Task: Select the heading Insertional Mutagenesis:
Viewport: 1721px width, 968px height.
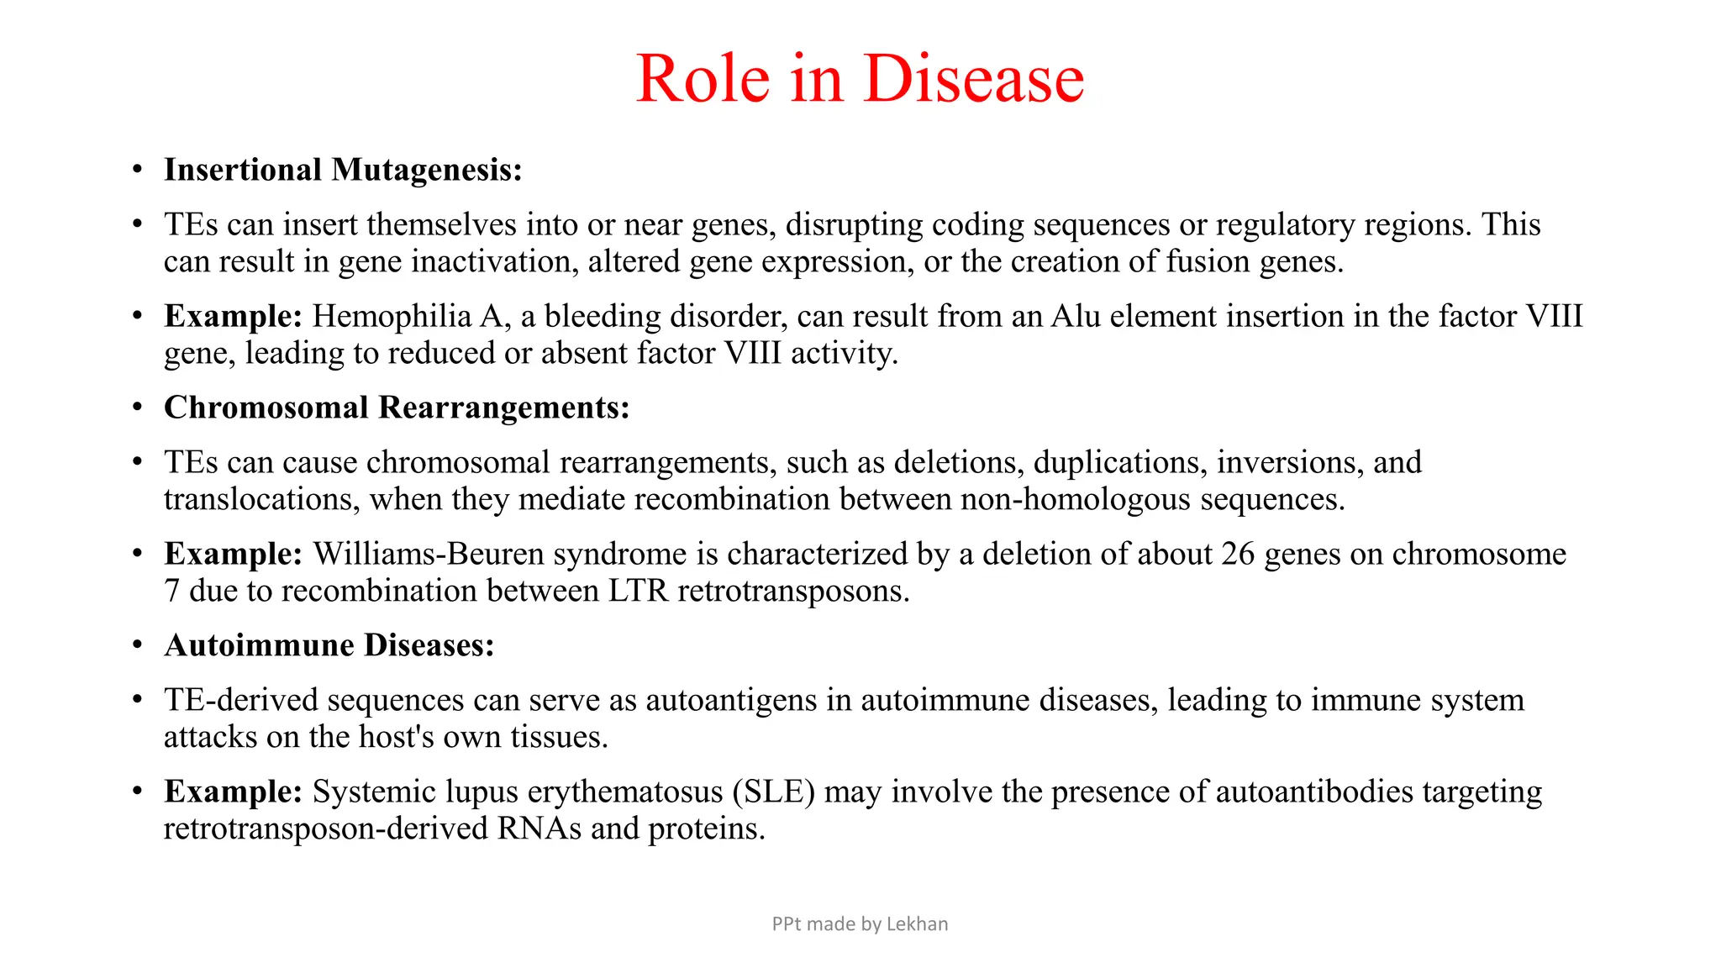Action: point(343,170)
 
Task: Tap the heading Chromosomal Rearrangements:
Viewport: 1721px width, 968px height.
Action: point(397,408)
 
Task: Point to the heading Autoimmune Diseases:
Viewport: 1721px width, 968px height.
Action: point(329,645)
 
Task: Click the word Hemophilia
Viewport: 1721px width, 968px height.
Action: point(392,317)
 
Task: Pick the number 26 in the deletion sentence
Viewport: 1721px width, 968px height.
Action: point(1238,555)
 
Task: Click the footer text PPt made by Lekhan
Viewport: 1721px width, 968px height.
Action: point(860,924)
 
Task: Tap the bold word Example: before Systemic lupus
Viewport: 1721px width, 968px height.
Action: point(233,792)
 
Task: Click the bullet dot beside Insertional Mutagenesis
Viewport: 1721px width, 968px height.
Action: point(137,171)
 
